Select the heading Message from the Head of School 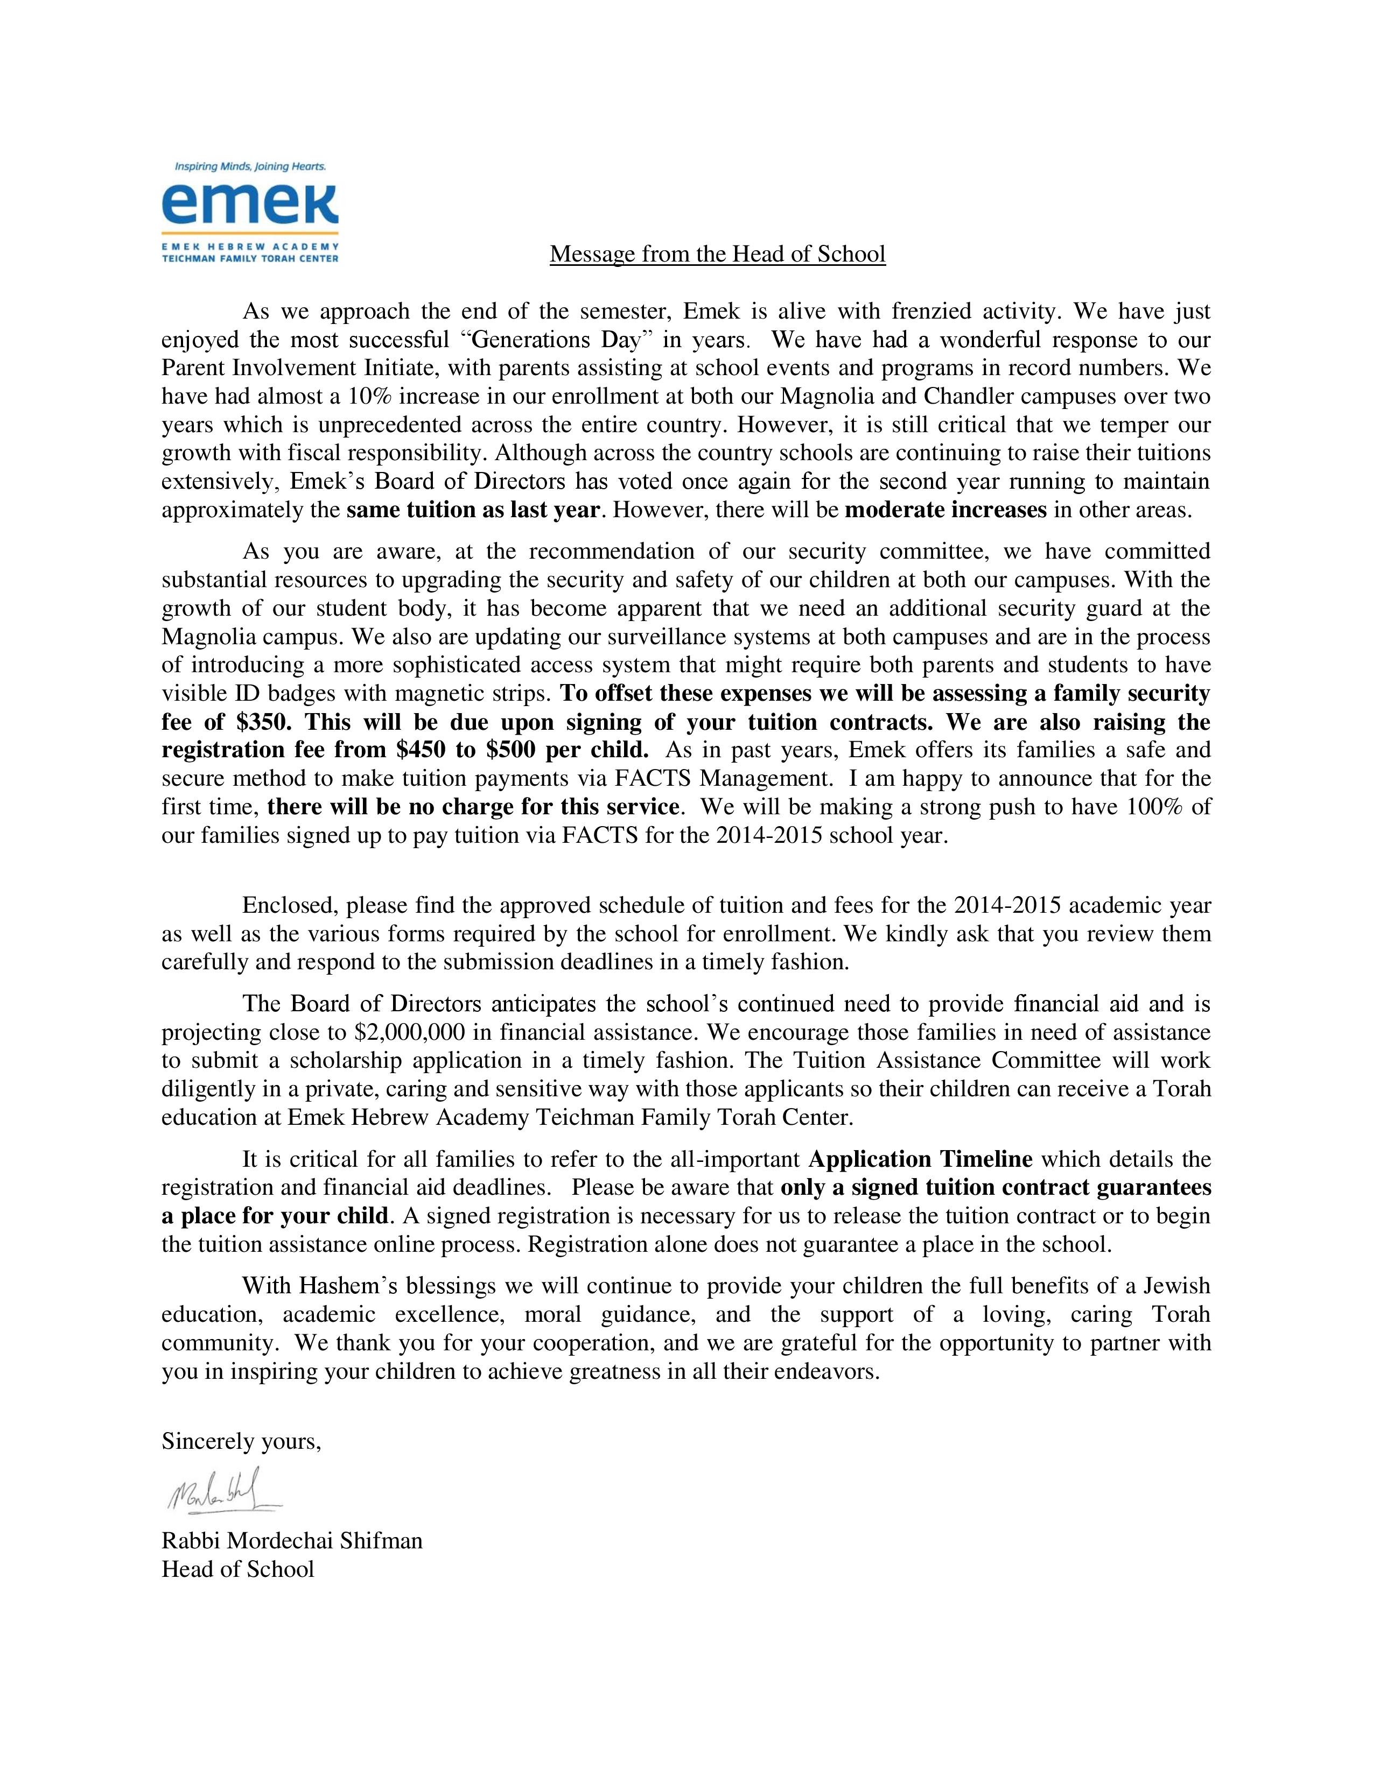[717, 255]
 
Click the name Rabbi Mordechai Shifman [292, 1540]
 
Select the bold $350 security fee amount [264, 722]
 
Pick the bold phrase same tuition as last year [473, 510]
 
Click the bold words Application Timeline [921, 1159]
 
